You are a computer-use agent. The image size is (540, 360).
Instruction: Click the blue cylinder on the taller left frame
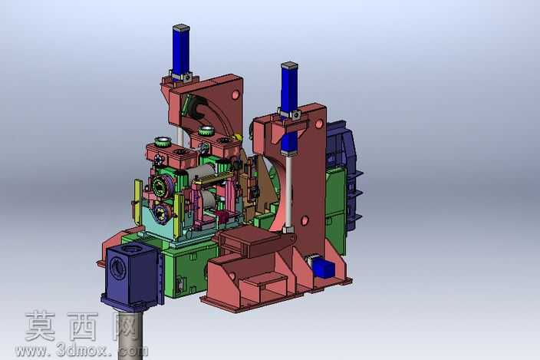click(182, 51)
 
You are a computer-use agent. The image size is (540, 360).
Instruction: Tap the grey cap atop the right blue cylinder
click(289, 64)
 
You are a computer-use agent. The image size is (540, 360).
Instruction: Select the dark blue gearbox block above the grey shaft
click(132, 275)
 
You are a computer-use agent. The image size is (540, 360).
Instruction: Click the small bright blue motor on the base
click(324, 268)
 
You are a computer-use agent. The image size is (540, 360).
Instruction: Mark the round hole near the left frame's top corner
click(235, 94)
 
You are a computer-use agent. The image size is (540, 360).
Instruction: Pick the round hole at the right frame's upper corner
click(319, 123)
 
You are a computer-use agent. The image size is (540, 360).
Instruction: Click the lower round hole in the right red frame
click(305, 220)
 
